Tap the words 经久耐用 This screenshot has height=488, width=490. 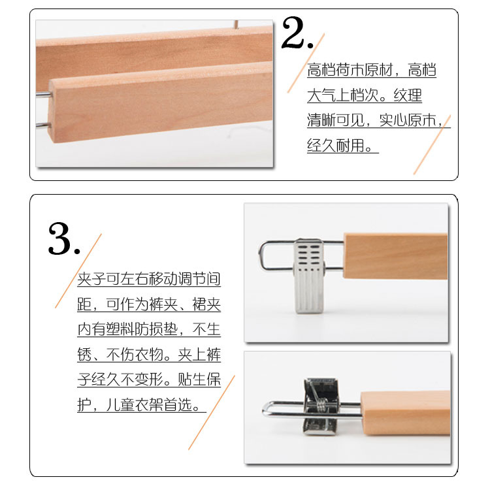[x=336, y=145]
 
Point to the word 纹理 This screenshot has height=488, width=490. [x=408, y=95]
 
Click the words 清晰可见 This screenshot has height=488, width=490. [x=336, y=120]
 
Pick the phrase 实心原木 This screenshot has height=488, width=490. [x=408, y=120]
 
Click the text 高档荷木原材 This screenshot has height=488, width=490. [x=350, y=69]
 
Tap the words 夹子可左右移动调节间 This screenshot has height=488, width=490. [x=149, y=279]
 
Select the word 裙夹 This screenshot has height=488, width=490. [x=206, y=304]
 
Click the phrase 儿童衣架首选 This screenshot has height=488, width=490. [x=149, y=404]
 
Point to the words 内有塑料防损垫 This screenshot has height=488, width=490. [x=127, y=329]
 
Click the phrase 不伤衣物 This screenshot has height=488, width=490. [x=135, y=354]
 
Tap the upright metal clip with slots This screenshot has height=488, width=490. [x=309, y=276]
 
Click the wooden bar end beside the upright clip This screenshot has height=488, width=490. [x=395, y=256]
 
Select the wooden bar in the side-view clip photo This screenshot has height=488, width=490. [x=405, y=413]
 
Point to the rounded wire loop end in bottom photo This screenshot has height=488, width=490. [x=266, y=409]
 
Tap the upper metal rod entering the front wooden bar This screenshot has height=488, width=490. [x=43, y=94]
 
